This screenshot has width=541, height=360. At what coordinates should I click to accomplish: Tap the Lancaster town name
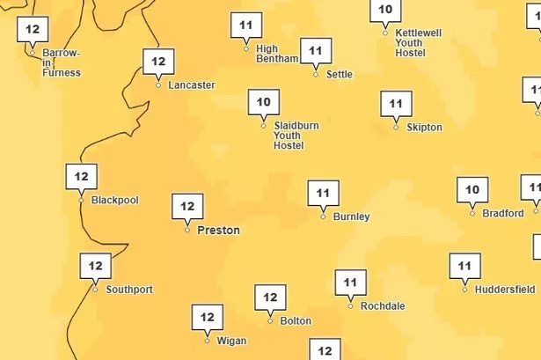(190, 85)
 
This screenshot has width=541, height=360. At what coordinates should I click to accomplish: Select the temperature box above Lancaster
(158, 62)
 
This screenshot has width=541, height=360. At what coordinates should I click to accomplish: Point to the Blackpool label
(115, 201)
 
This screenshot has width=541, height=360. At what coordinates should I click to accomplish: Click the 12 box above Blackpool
(81, 177)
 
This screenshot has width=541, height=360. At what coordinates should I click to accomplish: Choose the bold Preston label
(218, 231)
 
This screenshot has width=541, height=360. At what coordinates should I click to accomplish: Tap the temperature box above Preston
(187, 206)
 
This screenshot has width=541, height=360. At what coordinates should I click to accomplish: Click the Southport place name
(129, 290)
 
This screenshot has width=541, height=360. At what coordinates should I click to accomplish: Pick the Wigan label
(231, 342)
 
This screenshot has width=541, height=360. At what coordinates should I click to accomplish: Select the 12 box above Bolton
(270, 298)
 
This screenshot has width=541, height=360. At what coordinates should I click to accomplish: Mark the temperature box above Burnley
(323, 193)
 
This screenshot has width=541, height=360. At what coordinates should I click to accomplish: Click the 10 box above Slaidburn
(263, 102)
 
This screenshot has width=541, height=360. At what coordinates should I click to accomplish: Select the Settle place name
(339, 75)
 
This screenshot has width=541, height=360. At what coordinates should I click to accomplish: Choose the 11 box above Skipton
(396, 104)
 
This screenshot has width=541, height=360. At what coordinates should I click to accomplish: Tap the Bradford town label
(503, 213)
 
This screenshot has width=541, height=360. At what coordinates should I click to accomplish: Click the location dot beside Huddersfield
(464, 289)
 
